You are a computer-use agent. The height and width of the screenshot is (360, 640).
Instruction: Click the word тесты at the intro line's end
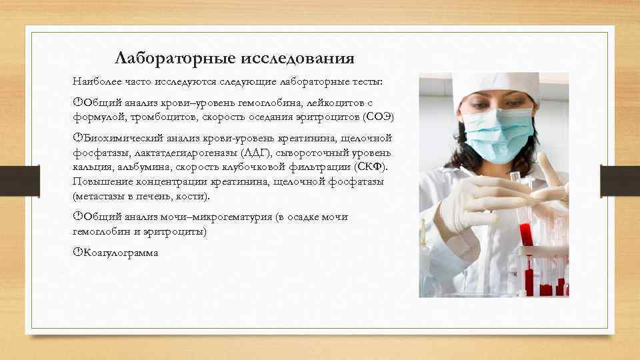[x=366, y=81]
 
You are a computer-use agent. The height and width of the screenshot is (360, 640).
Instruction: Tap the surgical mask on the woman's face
[x=501, y=133]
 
